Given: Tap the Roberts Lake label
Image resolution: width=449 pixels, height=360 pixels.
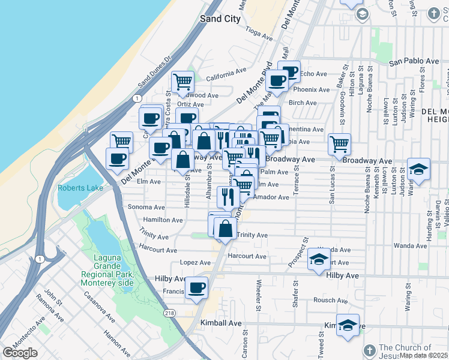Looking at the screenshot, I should [80, 188].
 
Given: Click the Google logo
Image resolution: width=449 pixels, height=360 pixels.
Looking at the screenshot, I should [20, 353].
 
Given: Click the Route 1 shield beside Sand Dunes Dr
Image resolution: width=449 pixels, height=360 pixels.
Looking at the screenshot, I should [137, 98].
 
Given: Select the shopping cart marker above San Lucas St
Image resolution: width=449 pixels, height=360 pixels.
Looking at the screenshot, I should [339, 144].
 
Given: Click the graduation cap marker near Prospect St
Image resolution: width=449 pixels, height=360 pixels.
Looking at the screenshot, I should [319, 259].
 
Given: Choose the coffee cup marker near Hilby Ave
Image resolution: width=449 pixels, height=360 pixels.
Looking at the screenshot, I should [196, 287].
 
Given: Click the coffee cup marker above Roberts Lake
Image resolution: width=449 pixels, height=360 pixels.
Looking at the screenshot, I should [118, 158].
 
